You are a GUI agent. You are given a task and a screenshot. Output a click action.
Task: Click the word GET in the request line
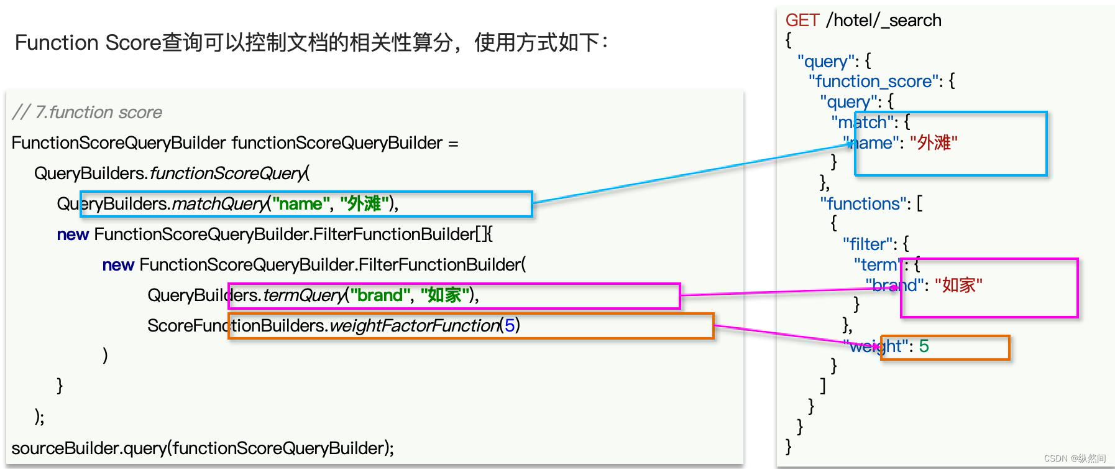pos(802,21)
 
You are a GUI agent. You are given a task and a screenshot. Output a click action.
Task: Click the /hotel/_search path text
pos(883,21)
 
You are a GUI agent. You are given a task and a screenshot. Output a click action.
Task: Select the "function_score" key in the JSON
pos(873,81)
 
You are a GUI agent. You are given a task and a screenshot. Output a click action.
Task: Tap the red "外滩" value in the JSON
pos(934,143)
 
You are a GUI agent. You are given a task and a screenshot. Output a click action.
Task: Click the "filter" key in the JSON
pos(868,244)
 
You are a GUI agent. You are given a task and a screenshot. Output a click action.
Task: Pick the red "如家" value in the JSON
pos(958,286)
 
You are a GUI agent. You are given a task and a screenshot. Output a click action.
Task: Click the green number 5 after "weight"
pos(924,346)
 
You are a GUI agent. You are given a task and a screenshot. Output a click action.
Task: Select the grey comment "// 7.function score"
pos(87,113)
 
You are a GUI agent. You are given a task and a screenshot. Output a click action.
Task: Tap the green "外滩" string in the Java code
pos(364,204)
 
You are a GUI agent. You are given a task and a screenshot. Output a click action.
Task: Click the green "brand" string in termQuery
pos(379,295)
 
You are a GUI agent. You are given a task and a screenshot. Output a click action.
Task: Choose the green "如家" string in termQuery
pos(444,295)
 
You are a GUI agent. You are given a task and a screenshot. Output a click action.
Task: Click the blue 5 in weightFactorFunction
pos(509,325)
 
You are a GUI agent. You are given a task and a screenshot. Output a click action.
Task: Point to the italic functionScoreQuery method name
pos(227,174)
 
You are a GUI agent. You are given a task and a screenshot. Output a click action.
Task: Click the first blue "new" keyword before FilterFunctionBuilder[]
pos(73,234)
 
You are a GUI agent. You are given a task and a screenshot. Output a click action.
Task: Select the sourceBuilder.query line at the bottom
pos(203,448)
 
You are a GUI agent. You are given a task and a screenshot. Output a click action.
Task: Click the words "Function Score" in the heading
pos(88,43)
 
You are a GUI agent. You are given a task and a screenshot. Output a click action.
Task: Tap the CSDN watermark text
pos(1075,458)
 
